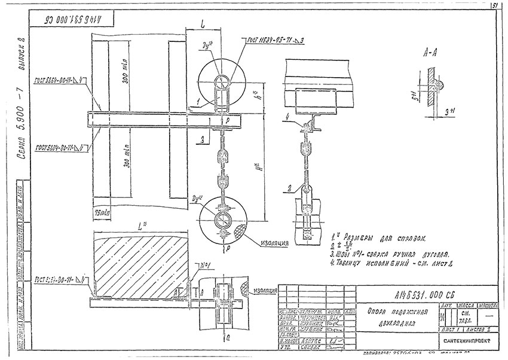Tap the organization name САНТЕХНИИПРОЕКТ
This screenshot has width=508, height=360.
click(x=466, y=341)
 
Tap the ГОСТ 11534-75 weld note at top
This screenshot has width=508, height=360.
click(x=275, y=40)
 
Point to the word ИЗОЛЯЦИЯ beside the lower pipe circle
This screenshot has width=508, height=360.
click(x=275, y=243)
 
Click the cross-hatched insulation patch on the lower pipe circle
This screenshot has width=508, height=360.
click(x=240, y=233)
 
